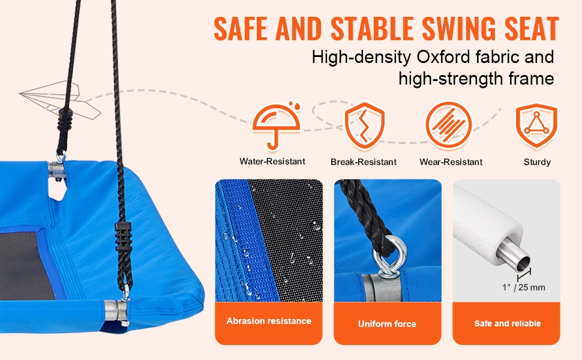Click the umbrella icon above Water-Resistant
277,126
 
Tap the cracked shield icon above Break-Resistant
364,125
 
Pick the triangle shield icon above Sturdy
536,126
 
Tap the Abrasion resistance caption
269,321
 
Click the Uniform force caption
387,324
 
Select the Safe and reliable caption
508,323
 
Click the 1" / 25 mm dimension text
524,287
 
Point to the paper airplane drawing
60,100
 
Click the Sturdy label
537,162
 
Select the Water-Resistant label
272,161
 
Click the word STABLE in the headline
372,29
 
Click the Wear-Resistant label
451,162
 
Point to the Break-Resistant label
364,162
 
